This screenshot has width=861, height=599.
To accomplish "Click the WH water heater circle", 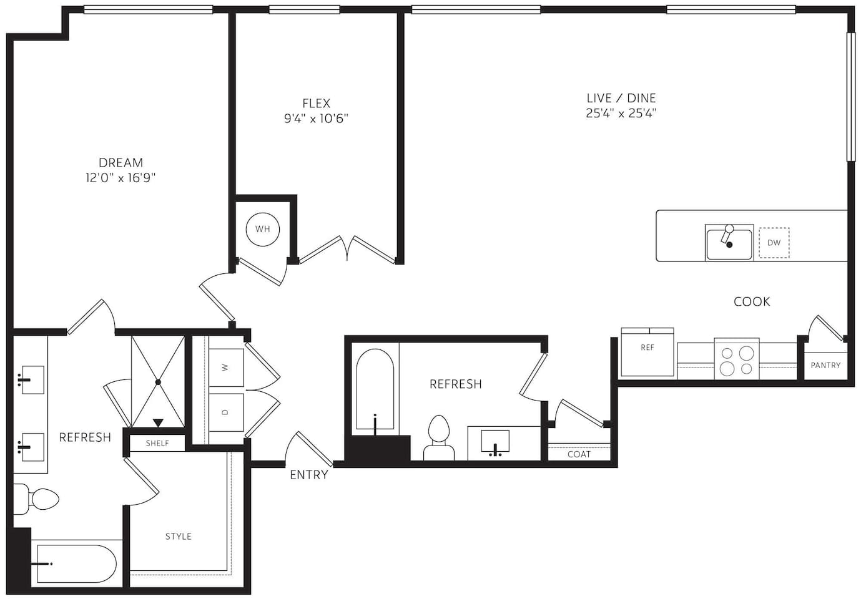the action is point(262,230).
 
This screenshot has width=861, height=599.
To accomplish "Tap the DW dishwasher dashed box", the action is point(774,243).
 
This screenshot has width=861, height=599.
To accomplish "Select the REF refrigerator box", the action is point(647,352).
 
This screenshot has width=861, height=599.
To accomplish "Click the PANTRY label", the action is point(825,365).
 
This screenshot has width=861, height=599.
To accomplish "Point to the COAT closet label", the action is point(579,454).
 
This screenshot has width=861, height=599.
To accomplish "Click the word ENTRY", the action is point(308,475).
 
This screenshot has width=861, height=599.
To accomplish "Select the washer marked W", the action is point(226,368).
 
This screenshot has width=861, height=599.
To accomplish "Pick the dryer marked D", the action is point(226,412).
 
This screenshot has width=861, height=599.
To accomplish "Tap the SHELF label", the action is point(157,444).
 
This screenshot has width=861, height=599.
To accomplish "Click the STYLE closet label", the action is point(179,537).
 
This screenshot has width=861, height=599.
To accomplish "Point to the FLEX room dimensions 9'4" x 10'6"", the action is point(316,119).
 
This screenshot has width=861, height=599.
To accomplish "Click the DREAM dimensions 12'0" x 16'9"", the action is point(121,177).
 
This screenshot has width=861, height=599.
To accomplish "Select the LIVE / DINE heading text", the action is point(621,98).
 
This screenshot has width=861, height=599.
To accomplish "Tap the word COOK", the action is point(752,301).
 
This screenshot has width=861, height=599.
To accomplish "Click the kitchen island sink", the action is point(729,243).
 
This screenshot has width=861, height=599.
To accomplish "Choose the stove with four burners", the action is point(737,359).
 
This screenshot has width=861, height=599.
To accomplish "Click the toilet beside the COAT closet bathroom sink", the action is point(438,437).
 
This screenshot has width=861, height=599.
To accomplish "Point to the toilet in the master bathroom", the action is point(36,499).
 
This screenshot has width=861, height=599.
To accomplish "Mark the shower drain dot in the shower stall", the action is point(158,382).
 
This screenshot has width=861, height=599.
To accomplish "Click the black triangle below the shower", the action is point(158,423).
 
